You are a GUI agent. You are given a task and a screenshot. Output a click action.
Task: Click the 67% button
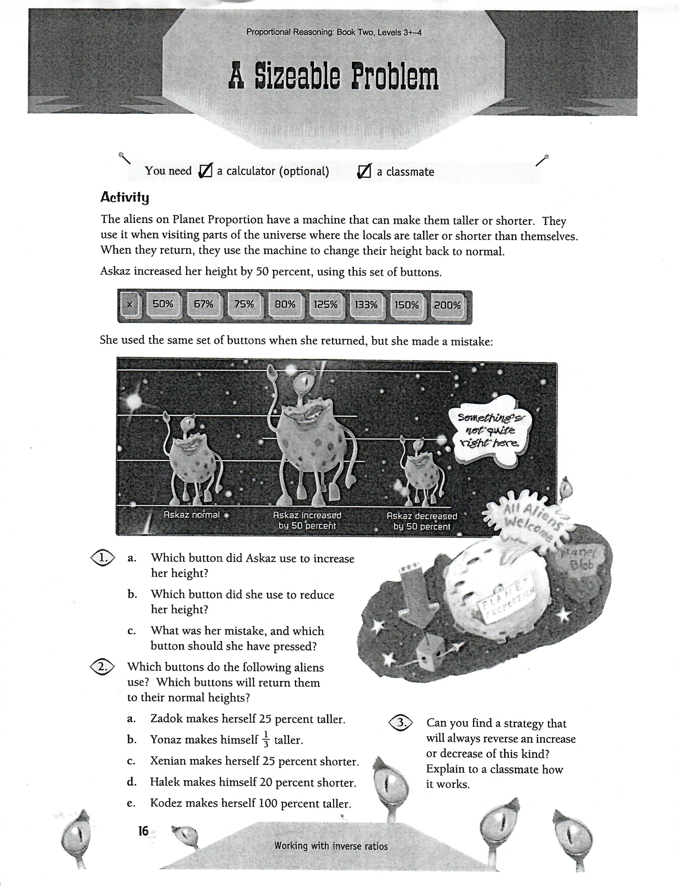(203, 304)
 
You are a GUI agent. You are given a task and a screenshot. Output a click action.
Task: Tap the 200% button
(447, 305)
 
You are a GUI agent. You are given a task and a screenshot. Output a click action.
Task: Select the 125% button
(326, 304)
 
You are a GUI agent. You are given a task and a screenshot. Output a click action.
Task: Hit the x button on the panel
(129, 304)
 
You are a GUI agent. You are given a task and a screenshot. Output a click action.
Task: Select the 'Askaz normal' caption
(191, 515)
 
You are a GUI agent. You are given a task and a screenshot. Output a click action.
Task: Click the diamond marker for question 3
(401, 722)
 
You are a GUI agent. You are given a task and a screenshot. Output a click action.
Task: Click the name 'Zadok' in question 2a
(165, 719)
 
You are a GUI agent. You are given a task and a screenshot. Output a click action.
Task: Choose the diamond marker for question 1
(102, 558)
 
